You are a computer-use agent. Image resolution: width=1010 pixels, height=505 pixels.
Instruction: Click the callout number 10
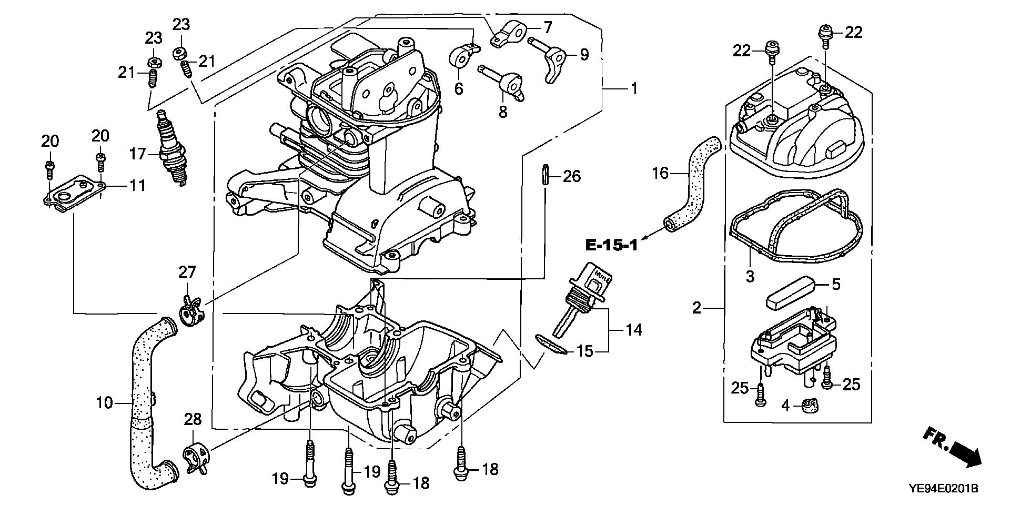click(x=105, y=403)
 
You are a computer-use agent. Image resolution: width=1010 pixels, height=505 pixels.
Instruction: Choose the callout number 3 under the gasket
click(x=750, y=276)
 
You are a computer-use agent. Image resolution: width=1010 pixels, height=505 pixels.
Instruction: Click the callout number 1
click(x=634, y=88)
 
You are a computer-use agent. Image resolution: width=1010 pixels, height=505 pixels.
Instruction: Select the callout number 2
click(x=697, y=308)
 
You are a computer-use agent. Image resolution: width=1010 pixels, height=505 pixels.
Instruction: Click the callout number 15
click(x=585, y=351)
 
